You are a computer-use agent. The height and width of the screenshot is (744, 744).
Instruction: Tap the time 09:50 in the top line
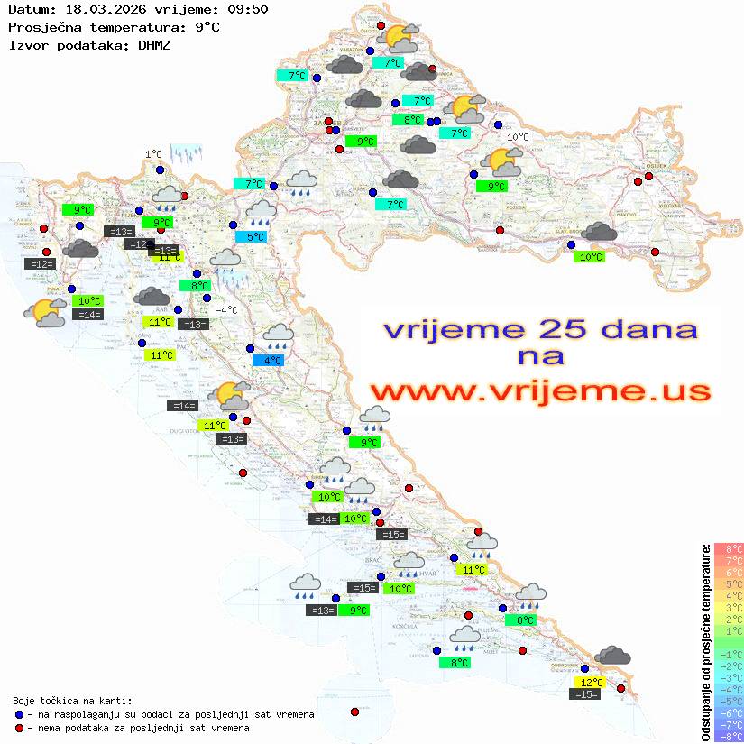[249, 10]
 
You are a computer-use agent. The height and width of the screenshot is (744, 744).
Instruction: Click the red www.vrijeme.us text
[539, 391]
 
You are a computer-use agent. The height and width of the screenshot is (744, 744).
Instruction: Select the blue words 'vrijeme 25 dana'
[539, 328]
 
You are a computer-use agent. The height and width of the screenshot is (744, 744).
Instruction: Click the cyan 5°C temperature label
[256, 237]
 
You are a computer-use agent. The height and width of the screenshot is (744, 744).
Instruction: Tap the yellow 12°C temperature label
[592, 683]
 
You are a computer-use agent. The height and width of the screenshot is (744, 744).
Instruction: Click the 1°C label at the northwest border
[153, 154]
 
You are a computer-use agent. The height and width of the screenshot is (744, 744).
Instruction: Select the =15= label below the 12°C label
[586, 694]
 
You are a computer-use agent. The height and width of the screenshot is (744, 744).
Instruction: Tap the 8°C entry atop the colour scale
[729, 548]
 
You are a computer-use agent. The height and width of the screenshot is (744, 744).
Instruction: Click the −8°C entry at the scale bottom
[729, 737]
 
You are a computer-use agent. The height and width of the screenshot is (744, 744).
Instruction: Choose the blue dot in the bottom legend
[20, 714]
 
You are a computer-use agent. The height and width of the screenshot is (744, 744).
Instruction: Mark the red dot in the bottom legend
[20, 728]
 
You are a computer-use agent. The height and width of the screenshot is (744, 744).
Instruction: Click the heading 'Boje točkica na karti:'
[72, 701]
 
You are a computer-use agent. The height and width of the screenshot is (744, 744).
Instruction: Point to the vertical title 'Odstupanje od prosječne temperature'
[706, 642]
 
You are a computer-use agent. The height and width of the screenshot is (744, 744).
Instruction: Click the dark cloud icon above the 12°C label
[613, 656]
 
